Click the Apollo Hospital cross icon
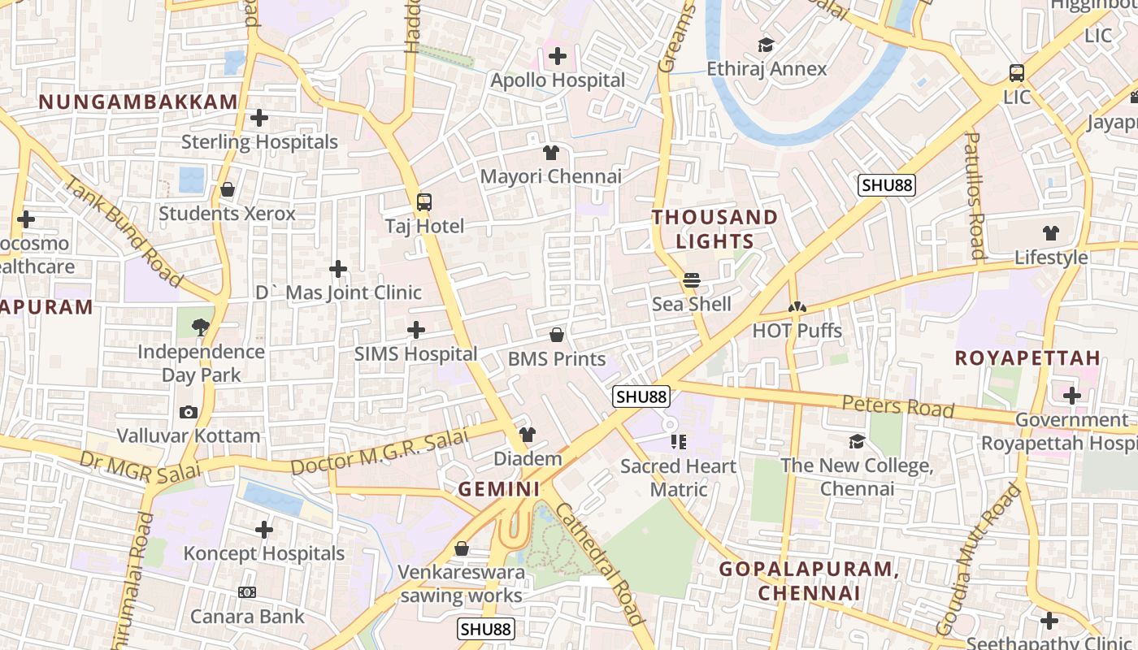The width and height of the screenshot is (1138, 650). point(558,56)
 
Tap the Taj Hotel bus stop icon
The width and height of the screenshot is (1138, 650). point(423,202)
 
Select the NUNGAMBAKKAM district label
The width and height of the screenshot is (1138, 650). point(138,102)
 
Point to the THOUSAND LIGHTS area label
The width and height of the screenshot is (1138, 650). point(715,229)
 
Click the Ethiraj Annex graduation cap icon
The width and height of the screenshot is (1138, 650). point(766,45)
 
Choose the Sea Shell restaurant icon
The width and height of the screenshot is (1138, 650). point(692,280)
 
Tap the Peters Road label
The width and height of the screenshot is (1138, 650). point(897,405)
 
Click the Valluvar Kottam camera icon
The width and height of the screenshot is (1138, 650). point(189,412)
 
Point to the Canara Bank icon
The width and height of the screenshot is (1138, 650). point(247,592)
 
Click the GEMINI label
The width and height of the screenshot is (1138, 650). point(499,489)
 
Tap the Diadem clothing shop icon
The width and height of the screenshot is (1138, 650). point(528,435)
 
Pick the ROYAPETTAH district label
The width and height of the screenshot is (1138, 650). point(1027,358)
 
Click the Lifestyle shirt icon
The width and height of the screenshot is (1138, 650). point(1050,233)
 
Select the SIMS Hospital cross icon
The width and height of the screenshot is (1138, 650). point(416,330)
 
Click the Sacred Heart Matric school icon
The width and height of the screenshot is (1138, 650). point(679,442)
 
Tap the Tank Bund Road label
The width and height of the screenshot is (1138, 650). point(124,231)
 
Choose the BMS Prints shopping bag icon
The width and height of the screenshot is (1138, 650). point(557,335)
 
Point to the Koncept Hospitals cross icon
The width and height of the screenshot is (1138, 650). point(264,530)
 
